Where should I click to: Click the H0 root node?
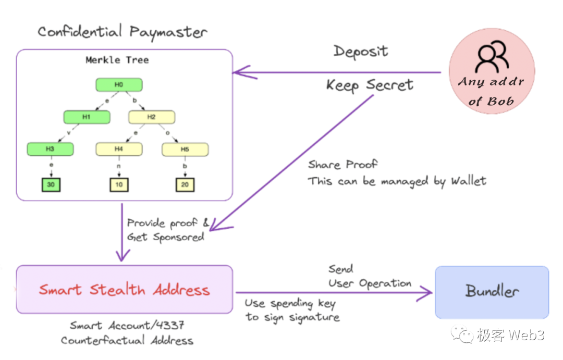[x=119, y=85]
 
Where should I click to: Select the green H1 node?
[x=87, y=117]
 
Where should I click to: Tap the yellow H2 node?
[x=151, y=117]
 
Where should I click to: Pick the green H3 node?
[x=50, y=149]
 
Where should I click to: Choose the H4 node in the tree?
[x=119, y=150]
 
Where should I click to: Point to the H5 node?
[x=185, y=150]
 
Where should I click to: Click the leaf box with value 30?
[x=51, y=184]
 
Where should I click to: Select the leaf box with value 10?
[x=119, y=184]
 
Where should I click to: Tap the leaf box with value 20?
[x=185, y=184]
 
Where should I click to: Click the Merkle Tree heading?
[x=117, y=60]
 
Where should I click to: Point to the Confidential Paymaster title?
[x=123, y=32]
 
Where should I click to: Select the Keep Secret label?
[x=370, y=85]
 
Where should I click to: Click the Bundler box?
[x=492, y=292]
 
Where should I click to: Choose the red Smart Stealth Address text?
[x=124, y=290]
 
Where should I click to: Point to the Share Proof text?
[x=342, y=165]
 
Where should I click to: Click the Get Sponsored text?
[x=165, y=237]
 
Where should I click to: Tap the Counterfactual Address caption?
[x=127, y=341]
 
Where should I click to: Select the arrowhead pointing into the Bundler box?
[x=429, y=293]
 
